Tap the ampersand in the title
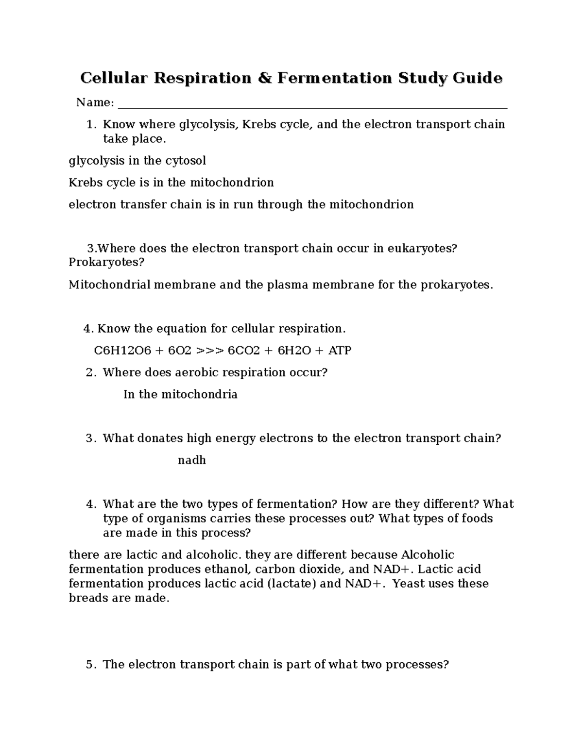(x=264, y=78)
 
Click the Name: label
(x=95, y=102)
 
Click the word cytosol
(x=187, y=161)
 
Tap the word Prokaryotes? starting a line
(x=106, y=263)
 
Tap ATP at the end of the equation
(x=340, y=351)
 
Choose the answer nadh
(x=192, y=460)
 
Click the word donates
(x=145, y=438)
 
